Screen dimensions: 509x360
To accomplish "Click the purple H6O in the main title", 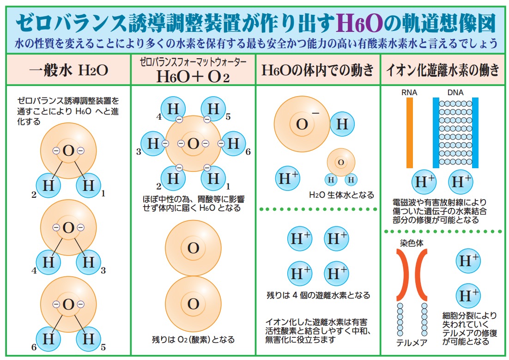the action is [359, 24].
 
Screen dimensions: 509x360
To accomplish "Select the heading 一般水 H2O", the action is [68, 70].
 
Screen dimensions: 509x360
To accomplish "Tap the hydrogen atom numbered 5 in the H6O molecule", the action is [213, 109].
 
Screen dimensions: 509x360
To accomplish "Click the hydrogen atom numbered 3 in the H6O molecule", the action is [153, 144].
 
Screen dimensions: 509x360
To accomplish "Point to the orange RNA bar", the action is [410, 133].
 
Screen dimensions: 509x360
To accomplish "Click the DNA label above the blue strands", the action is [455, 92].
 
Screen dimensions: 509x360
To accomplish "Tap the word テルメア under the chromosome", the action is [412, 342].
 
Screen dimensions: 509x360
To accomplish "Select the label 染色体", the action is [411, 243].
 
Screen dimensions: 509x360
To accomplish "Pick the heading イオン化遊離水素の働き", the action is [442, 70].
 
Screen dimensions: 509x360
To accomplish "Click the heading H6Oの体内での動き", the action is [318, 70].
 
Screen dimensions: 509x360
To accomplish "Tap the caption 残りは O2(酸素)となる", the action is [193, 340].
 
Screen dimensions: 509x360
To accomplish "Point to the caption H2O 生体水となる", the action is [341, 195].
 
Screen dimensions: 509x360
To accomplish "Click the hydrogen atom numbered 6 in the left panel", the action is [48, 339].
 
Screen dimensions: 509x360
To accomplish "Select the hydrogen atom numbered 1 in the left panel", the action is [88, 185].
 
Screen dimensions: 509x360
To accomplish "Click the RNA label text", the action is [409, 92].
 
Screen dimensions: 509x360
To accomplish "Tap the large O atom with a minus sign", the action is [302, 124].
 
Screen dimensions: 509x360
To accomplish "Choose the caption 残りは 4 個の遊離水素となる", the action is [318, 295].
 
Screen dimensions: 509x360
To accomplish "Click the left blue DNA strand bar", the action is [436, 133].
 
